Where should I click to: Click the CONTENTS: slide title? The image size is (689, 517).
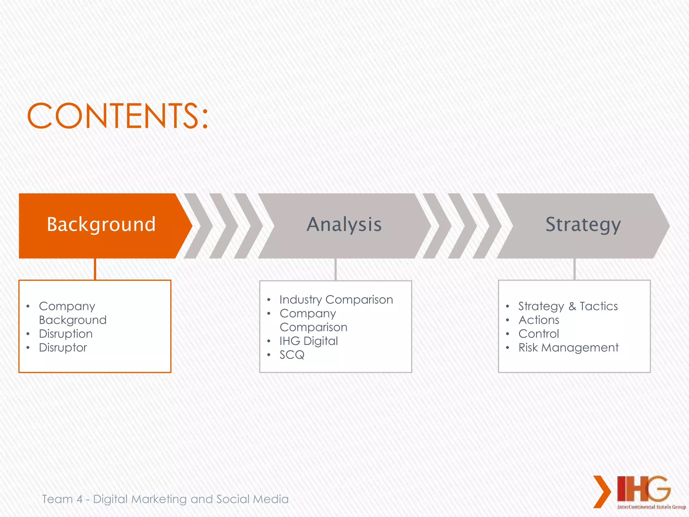[x=118, y=116]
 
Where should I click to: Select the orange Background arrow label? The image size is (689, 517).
[x=101, y=225]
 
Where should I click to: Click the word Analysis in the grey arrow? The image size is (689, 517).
[x=344, y=225]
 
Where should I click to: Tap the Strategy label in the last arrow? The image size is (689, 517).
[x=583, y=225]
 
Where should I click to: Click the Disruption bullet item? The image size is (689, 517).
[x=66, y=334]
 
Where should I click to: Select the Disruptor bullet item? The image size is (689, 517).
[x=63, y=348]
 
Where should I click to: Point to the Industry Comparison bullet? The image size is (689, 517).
[x=336, y=300]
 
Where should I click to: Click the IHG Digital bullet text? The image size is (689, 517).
[x=309, y=341]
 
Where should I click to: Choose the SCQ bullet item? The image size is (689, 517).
[x=292, y=355]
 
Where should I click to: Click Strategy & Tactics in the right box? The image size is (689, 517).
[x=568, y=306]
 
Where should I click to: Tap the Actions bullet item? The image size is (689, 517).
[x=539, y=320]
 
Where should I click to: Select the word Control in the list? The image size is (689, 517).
[x=539, y=334]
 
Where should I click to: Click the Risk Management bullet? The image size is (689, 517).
[x=568, y=348]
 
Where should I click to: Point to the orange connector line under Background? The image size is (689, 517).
[x=95, y=269]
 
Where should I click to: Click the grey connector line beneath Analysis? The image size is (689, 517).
[x=335, y=269]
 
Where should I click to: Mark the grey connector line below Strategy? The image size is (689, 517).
[x=574, y=269]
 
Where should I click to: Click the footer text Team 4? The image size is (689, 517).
[x=62, y=499]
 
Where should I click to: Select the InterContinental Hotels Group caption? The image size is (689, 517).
[x=651, y=507]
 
